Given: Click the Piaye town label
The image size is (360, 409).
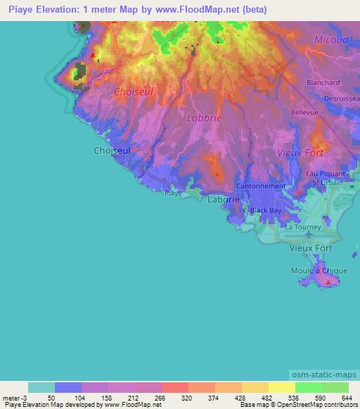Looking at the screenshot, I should click(173, 192).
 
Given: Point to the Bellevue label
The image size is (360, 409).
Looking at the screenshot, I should click(305, 112).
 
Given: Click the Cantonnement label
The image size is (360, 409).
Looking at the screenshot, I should click(261, 186).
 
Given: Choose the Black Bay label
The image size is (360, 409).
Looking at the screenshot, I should click(266, 210).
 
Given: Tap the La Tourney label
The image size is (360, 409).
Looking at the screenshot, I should click(303, 227).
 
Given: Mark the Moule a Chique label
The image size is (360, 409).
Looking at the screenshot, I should click(316, 271).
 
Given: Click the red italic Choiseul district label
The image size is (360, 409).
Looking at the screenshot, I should click(134, 91).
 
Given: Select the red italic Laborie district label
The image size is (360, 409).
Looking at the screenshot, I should click(205, 118).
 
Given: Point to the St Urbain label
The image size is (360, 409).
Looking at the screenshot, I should click(327, 183).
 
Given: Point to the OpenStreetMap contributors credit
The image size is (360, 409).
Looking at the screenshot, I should click(318, 405).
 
